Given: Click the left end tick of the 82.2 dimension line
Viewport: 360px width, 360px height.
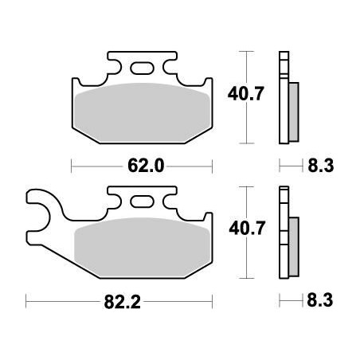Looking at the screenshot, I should (x=26, y=301).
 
